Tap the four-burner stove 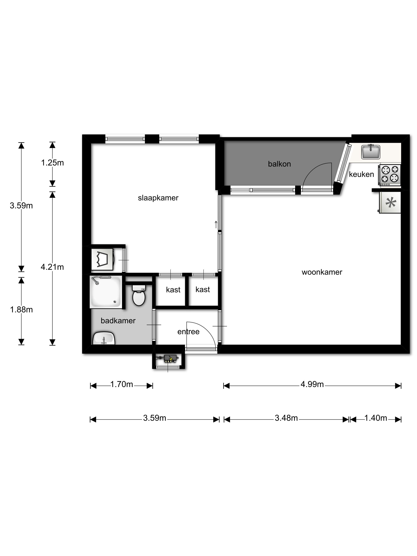pos(390,175)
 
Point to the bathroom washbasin pos(104,338)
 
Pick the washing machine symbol pos(102,259)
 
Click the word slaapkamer pos(158,198)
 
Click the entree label pos(188,332)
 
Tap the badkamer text pos(118,320)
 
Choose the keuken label pos(361,174)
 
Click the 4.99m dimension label pos(312,384)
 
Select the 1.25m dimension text pos(52,163)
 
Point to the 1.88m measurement pos(21,310)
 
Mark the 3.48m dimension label pos(286,418)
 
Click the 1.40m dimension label pos(375,418)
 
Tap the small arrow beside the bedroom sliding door pos(216,224)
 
